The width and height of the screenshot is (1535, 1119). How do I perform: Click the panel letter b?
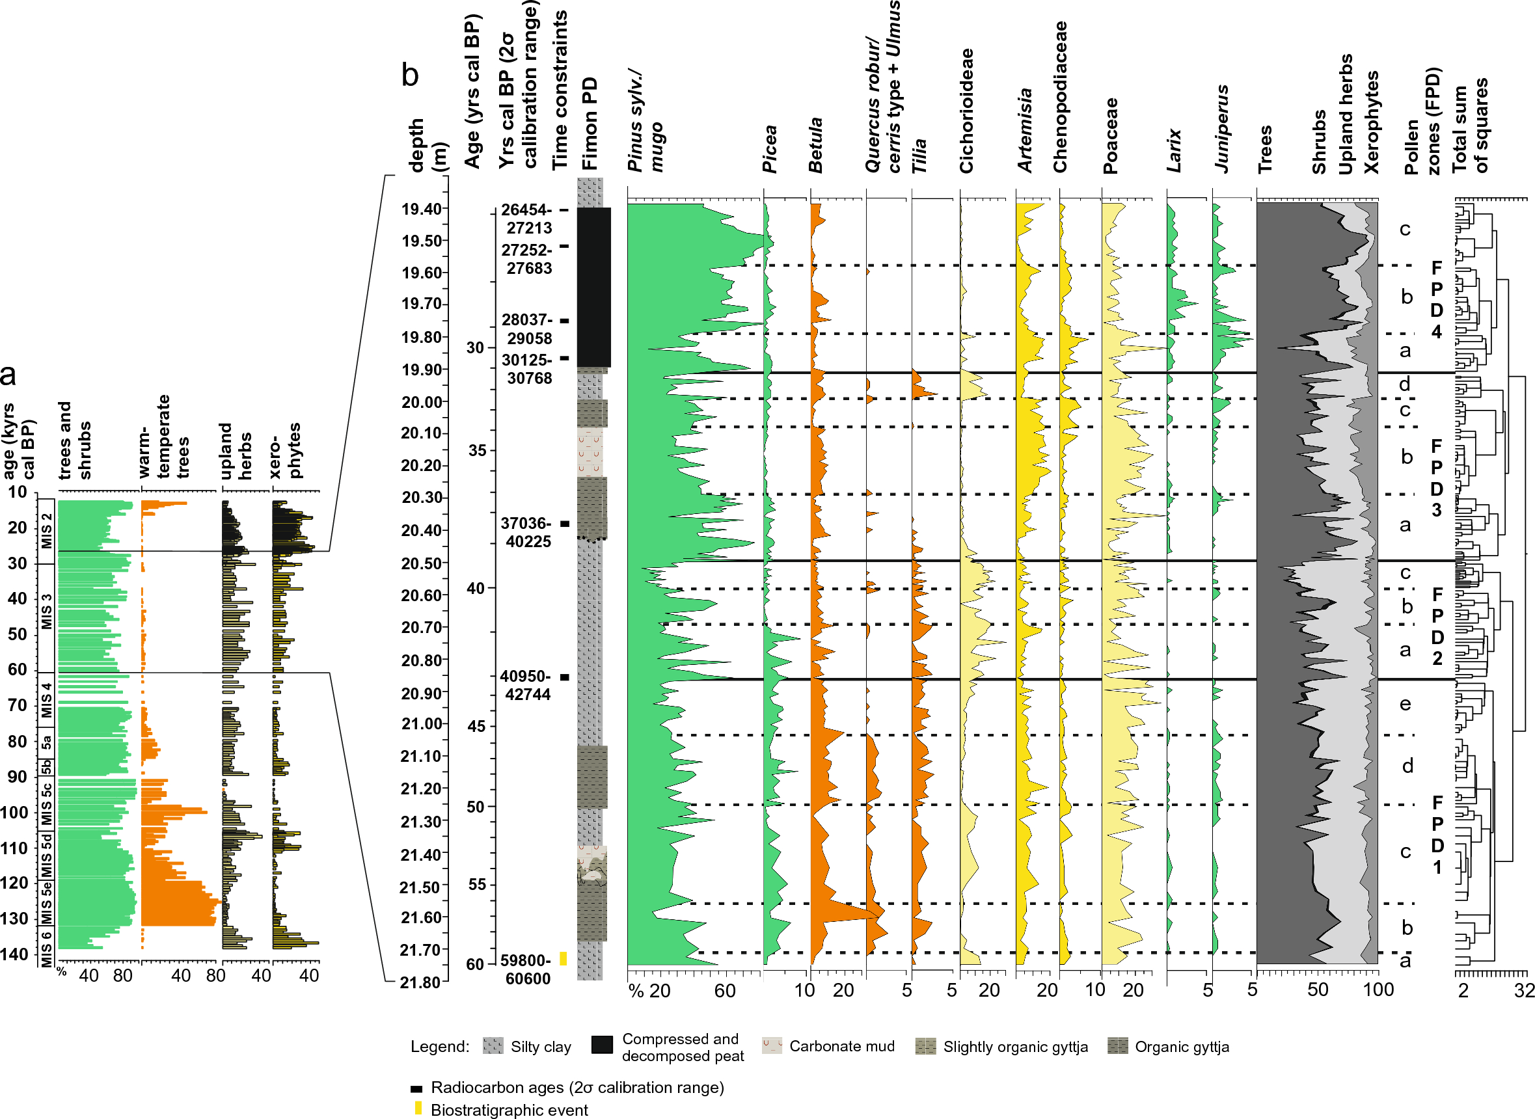pos(409,75)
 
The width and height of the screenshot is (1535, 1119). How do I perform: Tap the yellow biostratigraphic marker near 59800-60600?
pos(562,958)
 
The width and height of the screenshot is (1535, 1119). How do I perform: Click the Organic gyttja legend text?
pos(1182,1047)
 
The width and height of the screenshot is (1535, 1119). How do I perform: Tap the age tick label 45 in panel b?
pos(476,726)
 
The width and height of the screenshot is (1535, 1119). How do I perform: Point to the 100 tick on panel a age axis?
pos(15,812)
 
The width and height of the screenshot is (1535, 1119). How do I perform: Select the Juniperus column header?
pos(1221,129)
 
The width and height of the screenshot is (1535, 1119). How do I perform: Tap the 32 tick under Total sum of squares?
pos(1524,990)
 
